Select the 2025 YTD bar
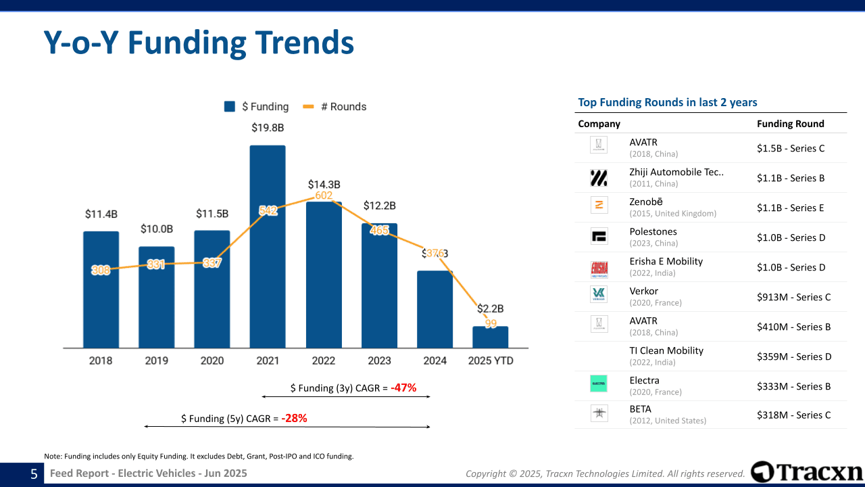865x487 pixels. (490, 338)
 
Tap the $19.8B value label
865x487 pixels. (268, 127)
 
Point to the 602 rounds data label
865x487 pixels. (324, 195)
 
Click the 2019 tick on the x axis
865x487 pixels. (156, 361)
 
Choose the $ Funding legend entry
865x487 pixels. (257, 106)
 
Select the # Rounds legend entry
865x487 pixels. (335, 106)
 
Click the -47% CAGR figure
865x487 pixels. (403, 388)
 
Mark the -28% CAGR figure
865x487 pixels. (294, 418)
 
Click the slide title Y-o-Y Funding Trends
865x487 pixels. (199, 43)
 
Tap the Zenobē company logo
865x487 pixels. (599, 205)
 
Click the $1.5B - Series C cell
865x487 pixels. (791, 148)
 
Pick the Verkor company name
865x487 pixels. (643, 291)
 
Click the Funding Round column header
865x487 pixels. (790, 124)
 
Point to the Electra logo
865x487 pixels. (599, 384)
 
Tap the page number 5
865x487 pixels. (34, 474)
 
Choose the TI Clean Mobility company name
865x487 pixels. (666, 350)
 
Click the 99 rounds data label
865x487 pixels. (491, 323)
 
